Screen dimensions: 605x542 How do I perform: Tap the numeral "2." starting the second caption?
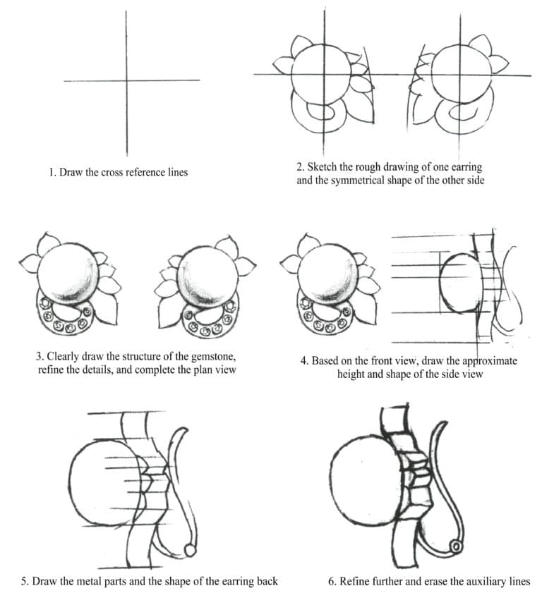(x=301, y=167)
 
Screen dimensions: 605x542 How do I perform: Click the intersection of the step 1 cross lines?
(x=126, y=80)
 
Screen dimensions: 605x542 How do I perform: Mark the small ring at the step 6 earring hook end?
(x=456, y=546)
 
